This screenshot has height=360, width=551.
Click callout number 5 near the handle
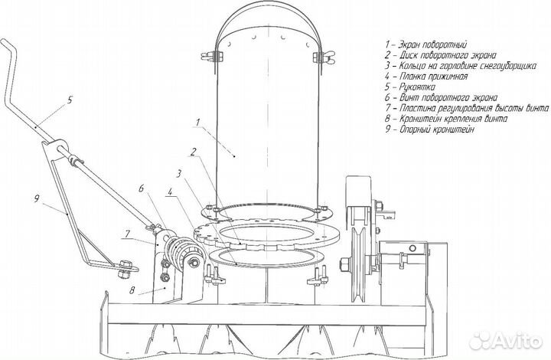pos(70,100)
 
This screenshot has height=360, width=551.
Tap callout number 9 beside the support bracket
pos(37,199)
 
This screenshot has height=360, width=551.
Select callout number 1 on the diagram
pos(198,123)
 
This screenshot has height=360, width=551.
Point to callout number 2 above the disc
pos(193,152)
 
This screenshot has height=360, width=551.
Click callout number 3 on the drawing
pos(179,173)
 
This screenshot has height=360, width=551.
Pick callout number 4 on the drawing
pos(170,192)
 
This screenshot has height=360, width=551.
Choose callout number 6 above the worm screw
pos(141,188)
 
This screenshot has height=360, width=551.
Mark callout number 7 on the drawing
pos(127,234)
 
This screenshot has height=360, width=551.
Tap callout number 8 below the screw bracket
pos(132,290)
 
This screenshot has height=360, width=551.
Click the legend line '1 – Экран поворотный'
pos(426,44)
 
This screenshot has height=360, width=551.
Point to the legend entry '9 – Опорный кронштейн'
pos(430,129)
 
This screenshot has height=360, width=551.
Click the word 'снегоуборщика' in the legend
pos(506,66)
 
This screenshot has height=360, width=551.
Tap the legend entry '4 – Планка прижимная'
pos(426,77)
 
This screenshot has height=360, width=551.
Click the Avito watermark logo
pos(506,340)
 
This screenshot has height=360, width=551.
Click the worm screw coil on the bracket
pos(180,253)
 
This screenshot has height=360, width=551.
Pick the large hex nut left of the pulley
pos(345,263)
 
